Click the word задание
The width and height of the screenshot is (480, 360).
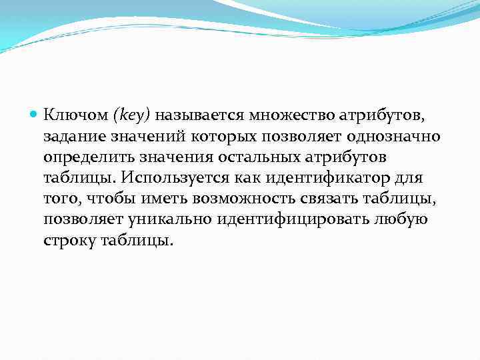[x=72, y=137]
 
